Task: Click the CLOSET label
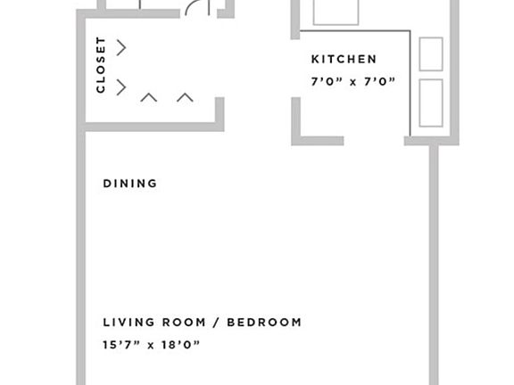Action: coord(101,65)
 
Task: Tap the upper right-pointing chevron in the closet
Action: coord(121,47)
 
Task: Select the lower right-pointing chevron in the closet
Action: coord(121,86)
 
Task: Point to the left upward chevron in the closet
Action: coord(149,96)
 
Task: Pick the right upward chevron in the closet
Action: coord(185,96)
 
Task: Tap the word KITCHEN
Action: coord(344,60)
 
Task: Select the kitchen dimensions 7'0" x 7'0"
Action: coord(353,82)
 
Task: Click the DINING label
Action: coord(130,184)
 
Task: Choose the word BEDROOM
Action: coord(263,322)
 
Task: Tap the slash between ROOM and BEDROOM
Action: coord(218,322)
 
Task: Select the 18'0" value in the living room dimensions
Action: coord(181,344)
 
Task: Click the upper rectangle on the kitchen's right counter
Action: coord(431,53)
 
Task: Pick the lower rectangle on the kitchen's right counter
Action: coord(431,102)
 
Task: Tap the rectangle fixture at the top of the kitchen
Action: coord(336,11)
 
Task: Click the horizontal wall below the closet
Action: coord(152,127)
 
